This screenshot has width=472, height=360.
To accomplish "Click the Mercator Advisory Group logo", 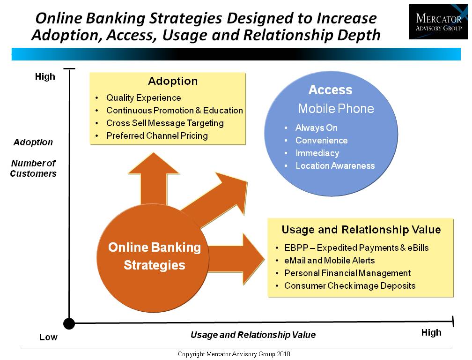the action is click(x=439, y=22).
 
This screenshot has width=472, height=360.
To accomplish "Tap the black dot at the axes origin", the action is click(x=69, y=323).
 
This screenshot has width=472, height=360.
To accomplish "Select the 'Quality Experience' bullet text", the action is click(x=144, y=98).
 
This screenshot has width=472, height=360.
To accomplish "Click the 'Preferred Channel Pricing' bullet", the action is click(x=157, y=136).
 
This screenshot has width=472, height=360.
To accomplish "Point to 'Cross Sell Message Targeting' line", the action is click(x=165, y=123).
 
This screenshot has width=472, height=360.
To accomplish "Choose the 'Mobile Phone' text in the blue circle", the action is click(x=336, y=108).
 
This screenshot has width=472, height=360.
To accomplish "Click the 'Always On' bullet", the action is click(x=317, y=127).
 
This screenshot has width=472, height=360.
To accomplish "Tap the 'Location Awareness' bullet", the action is click(x=335, y=165).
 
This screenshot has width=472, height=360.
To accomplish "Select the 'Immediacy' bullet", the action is click(x=317, y=153).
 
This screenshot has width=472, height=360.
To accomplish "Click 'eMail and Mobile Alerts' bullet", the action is click(x=330, y=260).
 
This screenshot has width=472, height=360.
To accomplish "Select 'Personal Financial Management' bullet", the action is click(x=347, y=273).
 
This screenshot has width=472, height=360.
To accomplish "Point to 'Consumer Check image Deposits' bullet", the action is click(x=350, y=286).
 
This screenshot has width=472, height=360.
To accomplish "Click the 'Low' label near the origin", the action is click(x=48, y=337).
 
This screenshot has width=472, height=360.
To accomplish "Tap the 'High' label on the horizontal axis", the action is click(x=431, y=333).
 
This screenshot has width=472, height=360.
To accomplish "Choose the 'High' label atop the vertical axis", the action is click(x=45, y=76).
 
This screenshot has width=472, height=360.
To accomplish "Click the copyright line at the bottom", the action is click(x=234, y=354).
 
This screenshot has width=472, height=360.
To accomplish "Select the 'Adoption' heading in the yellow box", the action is click(x=173, y=81).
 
